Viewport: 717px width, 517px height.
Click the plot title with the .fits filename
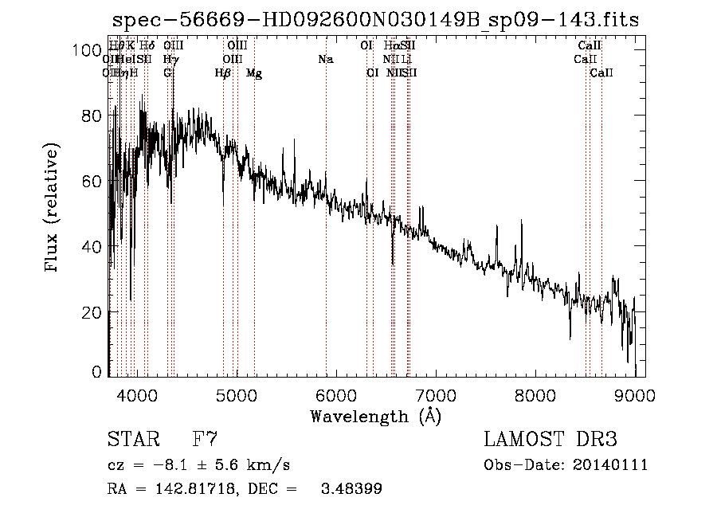point(375,20)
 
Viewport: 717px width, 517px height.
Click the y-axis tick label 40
point(92,247)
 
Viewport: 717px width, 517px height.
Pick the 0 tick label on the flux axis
point(97,372)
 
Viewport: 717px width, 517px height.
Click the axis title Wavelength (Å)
point(375,416)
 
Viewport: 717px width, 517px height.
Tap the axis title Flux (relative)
point(53,209)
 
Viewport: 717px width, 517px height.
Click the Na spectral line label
point(325,60)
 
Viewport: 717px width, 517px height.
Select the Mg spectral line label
point(254,73)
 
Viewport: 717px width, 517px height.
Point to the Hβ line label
point(223,73)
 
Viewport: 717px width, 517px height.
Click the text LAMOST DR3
point(550,439)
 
